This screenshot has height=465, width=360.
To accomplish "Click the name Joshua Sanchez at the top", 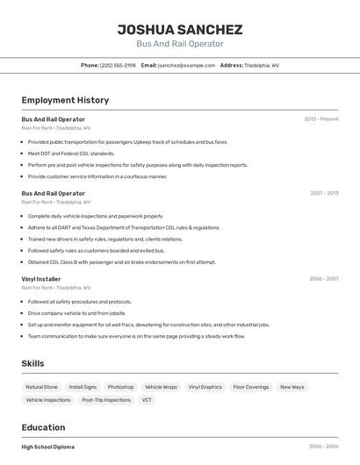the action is click(x=180, y=30).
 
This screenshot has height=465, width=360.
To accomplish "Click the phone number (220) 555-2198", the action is click(x=118, y=65).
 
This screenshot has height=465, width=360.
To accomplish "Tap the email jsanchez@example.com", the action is click(x=186, y=65).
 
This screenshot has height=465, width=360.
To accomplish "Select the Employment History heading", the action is click(x=65, y=100).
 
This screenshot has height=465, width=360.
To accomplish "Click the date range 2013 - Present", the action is click(x=321, y=118).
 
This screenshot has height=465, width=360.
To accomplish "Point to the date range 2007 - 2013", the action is click(x=323, y=193).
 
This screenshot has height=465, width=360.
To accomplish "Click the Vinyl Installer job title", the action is click(x=41, y=279).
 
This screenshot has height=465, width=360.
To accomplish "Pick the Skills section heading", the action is click(x=32, y=363).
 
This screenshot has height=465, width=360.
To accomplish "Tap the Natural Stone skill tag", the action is click(x=41, y=387).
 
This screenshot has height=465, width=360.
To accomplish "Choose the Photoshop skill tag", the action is click(x=120, y=387).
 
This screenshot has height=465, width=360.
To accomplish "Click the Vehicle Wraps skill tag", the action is click(x=161, y=387).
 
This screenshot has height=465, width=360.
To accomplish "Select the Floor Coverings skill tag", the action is click(x=251, y=387).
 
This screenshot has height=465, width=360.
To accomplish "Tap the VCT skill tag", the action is click(x=147, y=400).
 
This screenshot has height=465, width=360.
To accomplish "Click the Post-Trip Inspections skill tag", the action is click(x=106, y=400).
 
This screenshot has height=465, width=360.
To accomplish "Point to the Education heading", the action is click(x=44, y=427).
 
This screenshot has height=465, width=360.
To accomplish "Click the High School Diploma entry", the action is click(x=48, y=447).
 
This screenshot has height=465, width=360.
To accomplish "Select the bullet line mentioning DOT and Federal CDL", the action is click(x=71, y=154).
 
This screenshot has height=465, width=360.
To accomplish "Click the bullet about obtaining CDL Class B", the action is click(x=121, y=261).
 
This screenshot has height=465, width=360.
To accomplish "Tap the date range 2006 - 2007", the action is click(x=323, y=279).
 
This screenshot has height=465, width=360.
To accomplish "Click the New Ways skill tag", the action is click(x=292, y=387).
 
